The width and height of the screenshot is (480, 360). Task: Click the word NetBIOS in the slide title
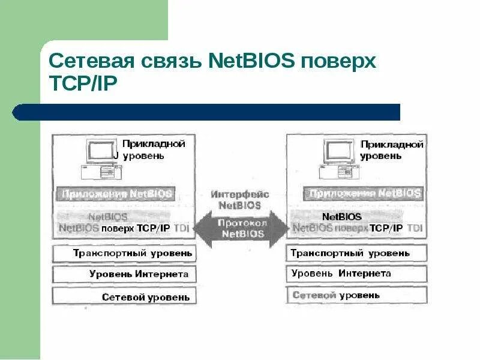(x=247, y=62)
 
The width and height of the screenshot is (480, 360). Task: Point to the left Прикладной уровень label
(x=152, y=149)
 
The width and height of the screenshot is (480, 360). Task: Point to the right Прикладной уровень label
(x=391, y=150)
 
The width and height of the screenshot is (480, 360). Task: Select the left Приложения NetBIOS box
(x=115, y=194)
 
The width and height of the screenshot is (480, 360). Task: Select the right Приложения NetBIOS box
(x=364, y=194)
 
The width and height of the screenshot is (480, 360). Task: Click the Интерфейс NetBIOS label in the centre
(x=240, y=199)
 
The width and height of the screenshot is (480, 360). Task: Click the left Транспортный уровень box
(x=125, y=253)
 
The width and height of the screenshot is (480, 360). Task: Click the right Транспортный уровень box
(x=356, y=253)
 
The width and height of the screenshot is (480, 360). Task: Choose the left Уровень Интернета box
(x=125, y=274)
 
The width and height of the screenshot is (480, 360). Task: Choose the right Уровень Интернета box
(x=356, y=274)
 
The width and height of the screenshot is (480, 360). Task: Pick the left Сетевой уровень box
(x=125, y=296)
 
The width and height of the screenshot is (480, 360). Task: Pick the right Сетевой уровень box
(x=356, y=295)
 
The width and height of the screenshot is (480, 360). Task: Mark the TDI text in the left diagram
(x=180, y=228)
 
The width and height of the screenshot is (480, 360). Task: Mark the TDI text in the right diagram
(x=415, y=228)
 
